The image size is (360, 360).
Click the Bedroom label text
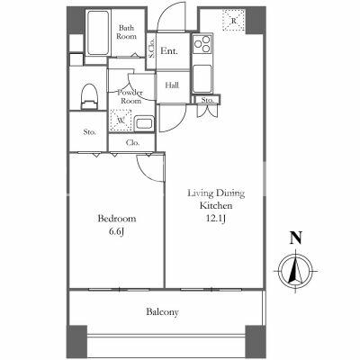pyautogui.click(x=117, y=219)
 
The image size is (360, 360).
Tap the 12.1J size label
pyautogui.click(x=216, y=219)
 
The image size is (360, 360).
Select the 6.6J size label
pyautogui.click(x=116, y=232)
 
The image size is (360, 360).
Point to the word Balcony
pyautogui.click(x=162, y=312)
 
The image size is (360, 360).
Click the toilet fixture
pyautogui.click(x=89, y=96)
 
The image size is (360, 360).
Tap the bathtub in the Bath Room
pyautogui.click(x=98, y=33)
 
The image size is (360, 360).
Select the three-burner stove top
pyautogui.click(x=202, y=44)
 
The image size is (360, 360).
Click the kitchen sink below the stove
pyautogui.click(x=202, y=79)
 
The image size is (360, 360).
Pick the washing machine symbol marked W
pyautogui.click(x=121, y=121)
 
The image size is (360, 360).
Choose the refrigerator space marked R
pyautogui.click(x=233, y=21)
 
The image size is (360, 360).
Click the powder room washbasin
pyautogui.click(x=144, y=123)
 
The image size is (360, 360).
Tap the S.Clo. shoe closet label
pyautogui.click(x=151, y=49)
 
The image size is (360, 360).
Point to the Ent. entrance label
pyautogui.click(x=169, y=51)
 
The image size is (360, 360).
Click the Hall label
pyautogui.click(x=172, y=85)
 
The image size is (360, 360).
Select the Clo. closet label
pyautogui.click(x=132, y=143)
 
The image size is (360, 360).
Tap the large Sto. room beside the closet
pyautogui.click(x=89, y=131)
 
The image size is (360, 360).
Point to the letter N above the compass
pyautogui.click(x=296, y=238)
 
